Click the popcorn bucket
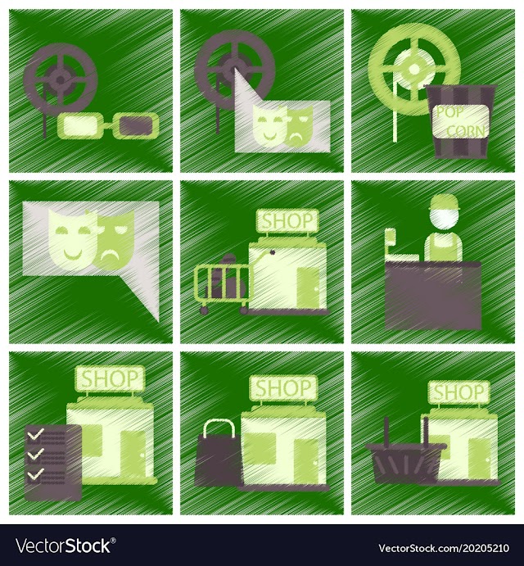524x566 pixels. [x=461, y=121]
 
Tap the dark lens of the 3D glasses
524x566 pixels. [x=134, y=125]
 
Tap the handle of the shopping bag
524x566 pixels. [x=219, y=428]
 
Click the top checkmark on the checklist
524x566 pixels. [x=35, y=433]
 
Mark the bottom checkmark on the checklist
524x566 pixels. [x=35, y=473]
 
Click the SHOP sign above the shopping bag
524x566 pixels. [x=283, y=387]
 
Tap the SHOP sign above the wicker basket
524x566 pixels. [x=458, y=392]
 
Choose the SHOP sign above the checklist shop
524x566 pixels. [x=110, y=378]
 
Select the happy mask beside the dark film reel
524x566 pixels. [x=267, y=123]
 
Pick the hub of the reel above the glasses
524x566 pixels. [x=61, y=79]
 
